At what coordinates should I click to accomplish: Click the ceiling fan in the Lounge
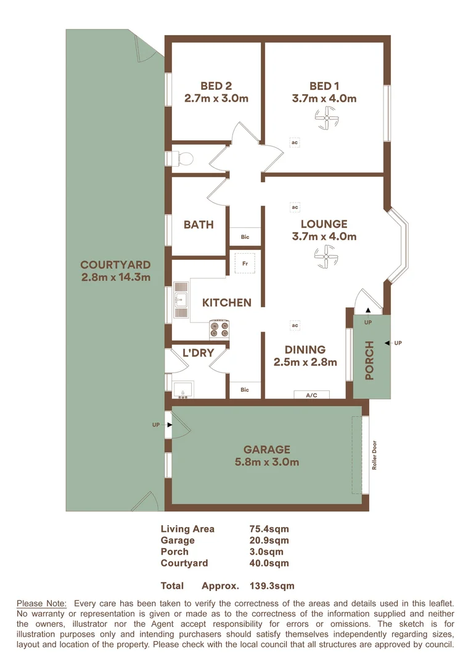(324, 257)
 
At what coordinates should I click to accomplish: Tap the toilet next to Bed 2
(182, 159)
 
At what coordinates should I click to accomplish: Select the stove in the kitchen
(219, 329)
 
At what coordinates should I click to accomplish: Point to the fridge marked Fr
(245, 263)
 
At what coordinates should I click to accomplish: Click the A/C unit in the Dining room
(311, 395)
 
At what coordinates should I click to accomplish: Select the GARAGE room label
(266, 449)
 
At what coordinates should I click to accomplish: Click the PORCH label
(369, 360)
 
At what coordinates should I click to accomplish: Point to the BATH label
(199, 225)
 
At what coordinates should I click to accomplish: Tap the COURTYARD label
(115, 265)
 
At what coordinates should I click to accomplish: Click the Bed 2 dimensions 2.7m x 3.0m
(216, 98)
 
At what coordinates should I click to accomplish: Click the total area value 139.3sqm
(272, 586)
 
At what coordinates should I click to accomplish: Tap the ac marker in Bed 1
(295, 142)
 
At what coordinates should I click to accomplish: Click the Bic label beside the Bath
(245, 237)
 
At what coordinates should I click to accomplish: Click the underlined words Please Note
(41, 603)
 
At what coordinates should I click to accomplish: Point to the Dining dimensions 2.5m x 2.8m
(305, 362)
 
